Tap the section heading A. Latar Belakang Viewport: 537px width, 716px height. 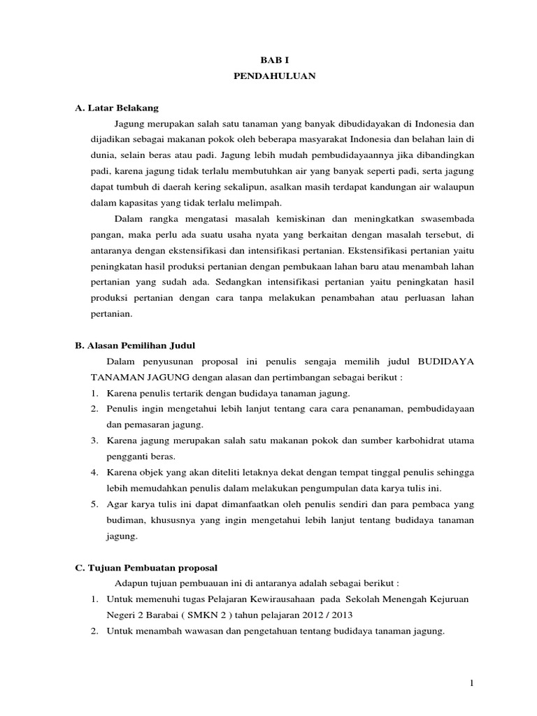pyautogui.click(x=117, y=108)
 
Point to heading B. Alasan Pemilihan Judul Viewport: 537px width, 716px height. pyautogui.click(x=135, y=345)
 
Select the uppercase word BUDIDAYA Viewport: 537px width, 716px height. pyautogui.click(x=446, y=361)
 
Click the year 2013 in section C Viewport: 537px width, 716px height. pyautogui.click(x=343, y=615)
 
